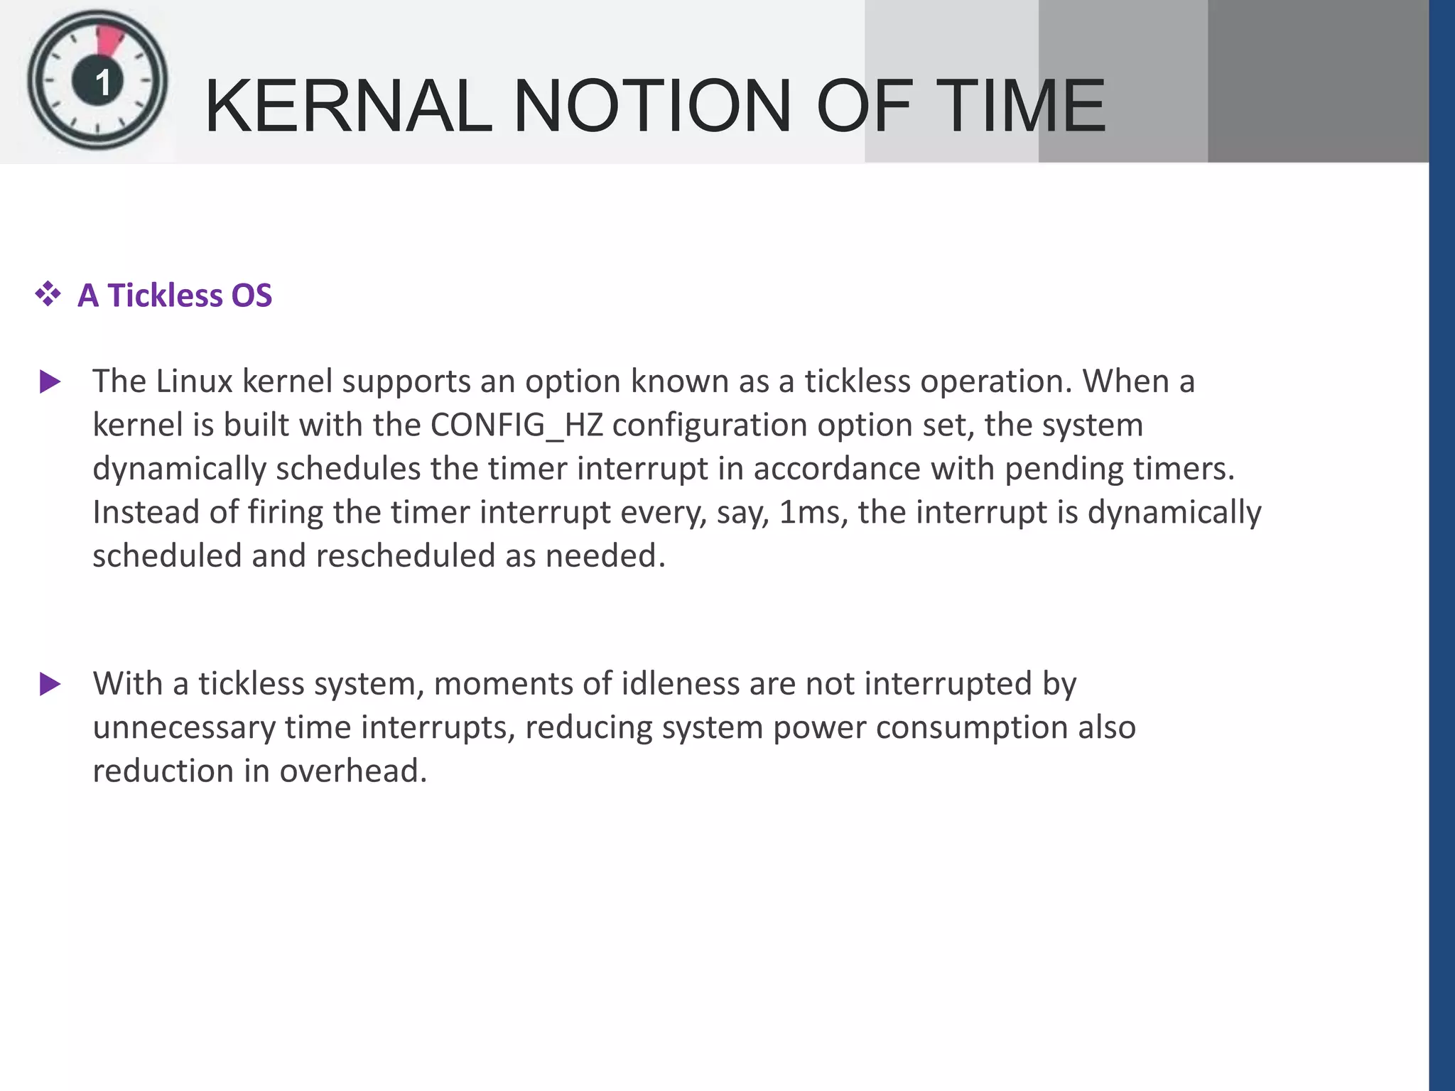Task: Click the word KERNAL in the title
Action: pos(348,107)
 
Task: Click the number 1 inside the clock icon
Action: pos(102,83)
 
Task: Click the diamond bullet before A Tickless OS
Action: pos(48,294)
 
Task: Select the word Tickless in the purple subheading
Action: pos(164,295)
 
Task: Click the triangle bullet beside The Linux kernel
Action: pos(50,382)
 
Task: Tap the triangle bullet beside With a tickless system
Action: pos(50,685)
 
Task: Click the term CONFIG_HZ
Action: pos(516,425)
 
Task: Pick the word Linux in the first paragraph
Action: pos(194,381)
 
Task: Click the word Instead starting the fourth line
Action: pos(146,512)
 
